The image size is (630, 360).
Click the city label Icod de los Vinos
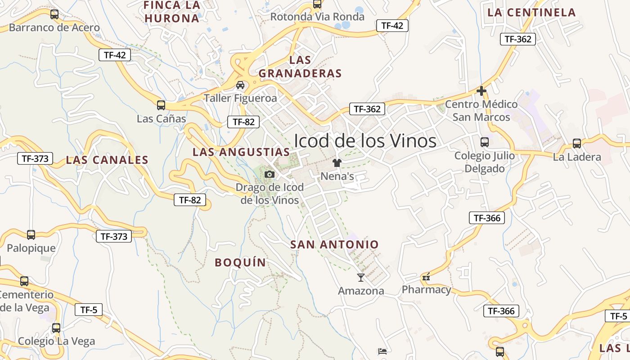tap(365, 141)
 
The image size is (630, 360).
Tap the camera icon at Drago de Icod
tap(269, 174)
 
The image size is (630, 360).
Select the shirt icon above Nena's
tap(337, 163)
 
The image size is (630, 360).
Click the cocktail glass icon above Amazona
tap(360, 277)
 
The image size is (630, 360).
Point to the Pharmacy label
tap(426, 289)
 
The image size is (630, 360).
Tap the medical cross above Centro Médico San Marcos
tap(481, 91)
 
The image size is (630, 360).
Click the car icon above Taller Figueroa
tap(240, 85)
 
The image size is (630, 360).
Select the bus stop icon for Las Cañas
tap(161, 105)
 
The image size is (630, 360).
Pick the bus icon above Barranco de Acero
tap(54, 14)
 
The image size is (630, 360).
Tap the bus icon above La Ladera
tap(576, 144)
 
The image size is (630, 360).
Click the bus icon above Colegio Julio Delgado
tap(484, 142)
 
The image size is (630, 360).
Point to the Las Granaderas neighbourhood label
tap(300, 67)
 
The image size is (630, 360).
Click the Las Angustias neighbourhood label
tap(241, 152)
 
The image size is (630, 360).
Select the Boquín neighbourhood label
tap(240, 262)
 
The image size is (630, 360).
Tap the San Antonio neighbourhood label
tap(334, 244)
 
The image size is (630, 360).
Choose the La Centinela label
tap(531, 13)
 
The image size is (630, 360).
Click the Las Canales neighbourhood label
tap(107, 160)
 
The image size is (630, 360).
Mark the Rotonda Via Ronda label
tap(317, 17)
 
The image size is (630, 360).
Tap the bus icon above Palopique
tap(31, 235)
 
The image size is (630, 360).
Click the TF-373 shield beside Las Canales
tap(35, 158)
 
